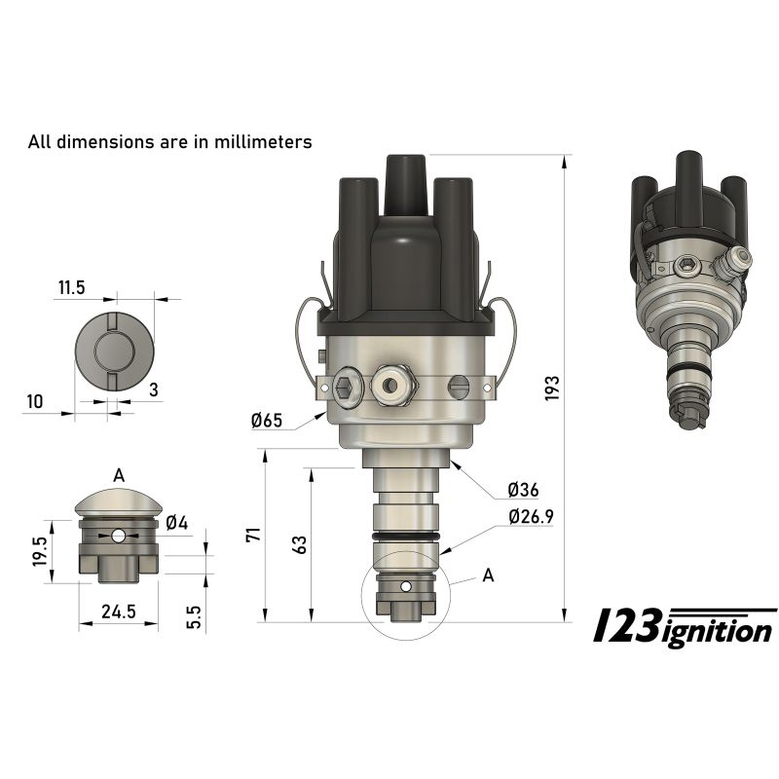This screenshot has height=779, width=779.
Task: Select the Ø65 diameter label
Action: point(266,421)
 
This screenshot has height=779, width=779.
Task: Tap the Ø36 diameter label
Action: point(523,489)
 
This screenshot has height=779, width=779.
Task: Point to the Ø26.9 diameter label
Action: point(530,517)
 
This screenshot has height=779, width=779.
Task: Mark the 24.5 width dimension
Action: point(117,612)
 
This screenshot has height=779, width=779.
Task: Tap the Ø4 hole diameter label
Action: point(176,523)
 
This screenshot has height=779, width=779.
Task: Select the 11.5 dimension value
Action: point(72,287)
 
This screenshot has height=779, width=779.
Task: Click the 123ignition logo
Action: point(685,628)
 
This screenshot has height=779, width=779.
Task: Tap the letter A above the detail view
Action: point(119,475)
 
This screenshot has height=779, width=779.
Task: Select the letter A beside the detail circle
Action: point(488,575)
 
